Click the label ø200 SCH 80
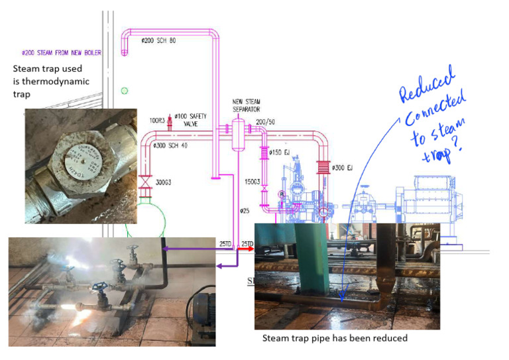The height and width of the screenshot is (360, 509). pyautogui.click(x=158, y=40)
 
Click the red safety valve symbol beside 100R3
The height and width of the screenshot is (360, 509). pyautogui.click(x=170, y=121)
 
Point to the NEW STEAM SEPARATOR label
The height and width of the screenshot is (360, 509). pyautogui.click(x=246, y=105)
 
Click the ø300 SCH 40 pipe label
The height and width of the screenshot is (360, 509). pyautogui.click(x=169, y=145)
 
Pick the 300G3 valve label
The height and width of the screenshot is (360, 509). pyautogui.click(x=164, y=181)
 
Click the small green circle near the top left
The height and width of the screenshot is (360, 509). pyautogui.click(x=124, y=91)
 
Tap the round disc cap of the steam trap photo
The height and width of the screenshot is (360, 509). pyautogui.click(x=79, y=158)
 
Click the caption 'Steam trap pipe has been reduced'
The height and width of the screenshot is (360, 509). pyautogui.click(x=335, y=338)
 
